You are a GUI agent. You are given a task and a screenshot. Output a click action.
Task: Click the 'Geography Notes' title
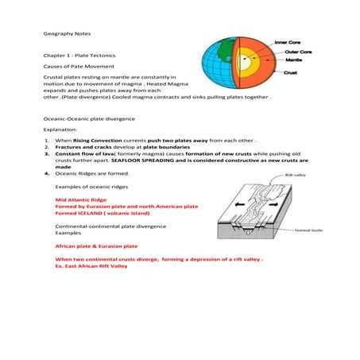[x=64, y=36]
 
